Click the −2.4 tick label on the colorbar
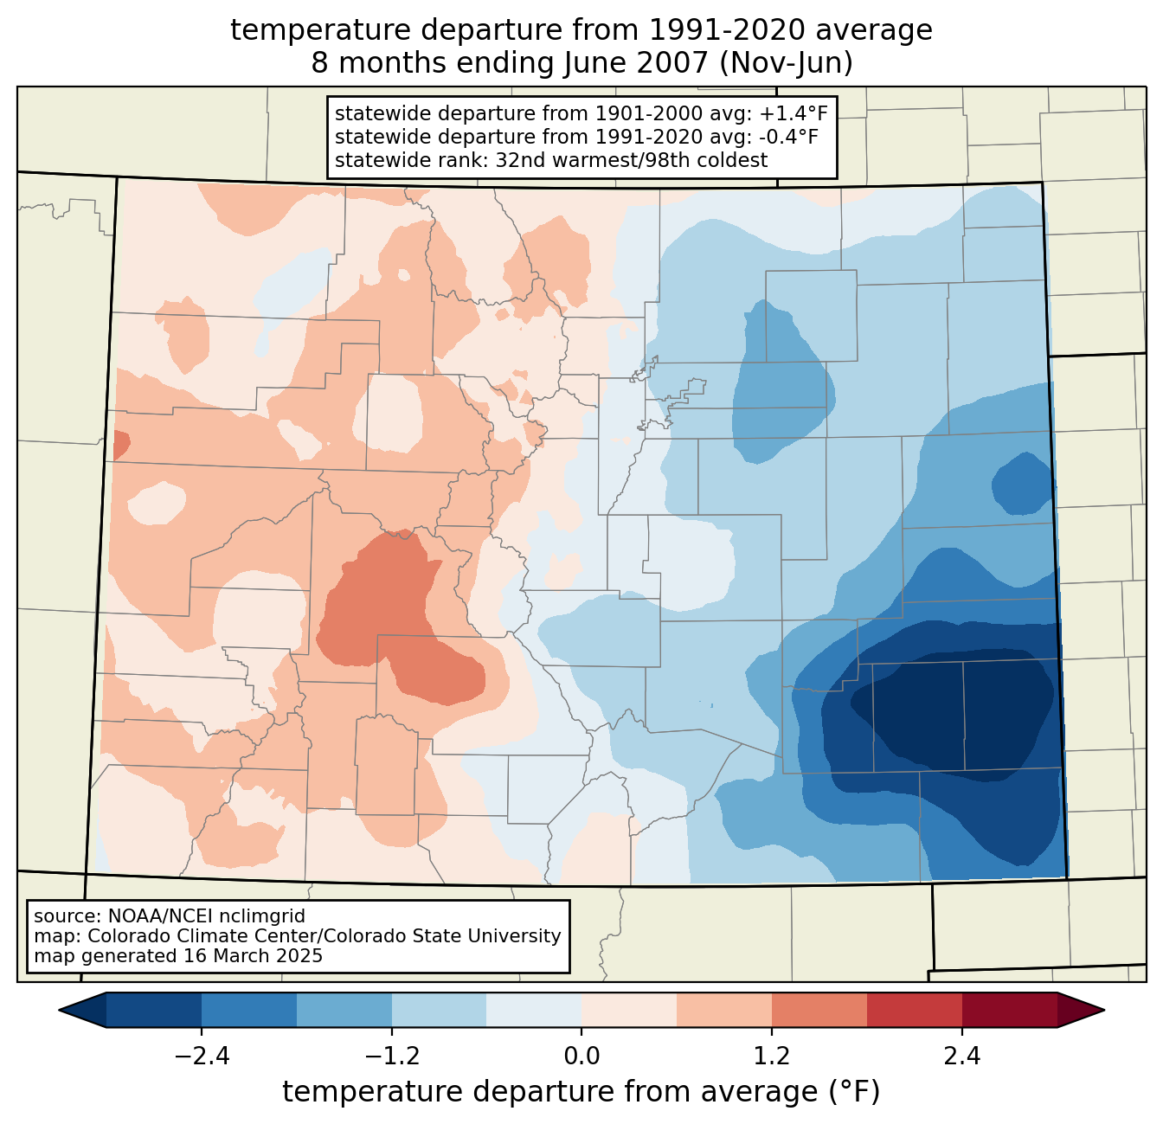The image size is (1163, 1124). point(202,1057)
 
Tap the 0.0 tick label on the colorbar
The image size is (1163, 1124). point(581,1057)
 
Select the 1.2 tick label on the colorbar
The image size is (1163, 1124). point(772,1057)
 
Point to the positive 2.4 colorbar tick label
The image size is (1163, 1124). point(961,1057)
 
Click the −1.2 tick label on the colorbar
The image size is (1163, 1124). point(392,1057)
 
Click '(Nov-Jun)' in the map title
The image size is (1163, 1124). point(787,64)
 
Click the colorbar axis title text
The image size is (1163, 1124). point(581,1092)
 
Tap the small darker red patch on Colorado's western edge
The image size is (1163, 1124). point(121,445)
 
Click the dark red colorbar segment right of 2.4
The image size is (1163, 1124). point(1009,1010)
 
